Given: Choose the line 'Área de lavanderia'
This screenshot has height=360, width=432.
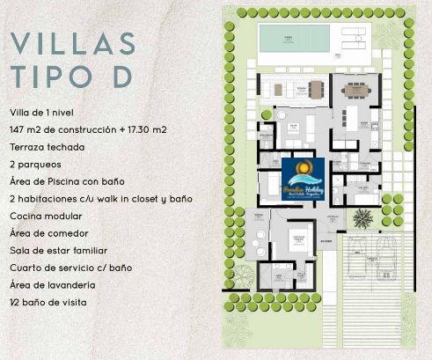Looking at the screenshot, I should coord(52,284).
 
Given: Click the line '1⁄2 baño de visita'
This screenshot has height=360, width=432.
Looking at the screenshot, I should coord(51,302).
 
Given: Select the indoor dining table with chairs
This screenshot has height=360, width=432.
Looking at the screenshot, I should coord(358,90).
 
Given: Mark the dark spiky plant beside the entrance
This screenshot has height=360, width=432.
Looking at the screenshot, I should coord(362,217).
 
